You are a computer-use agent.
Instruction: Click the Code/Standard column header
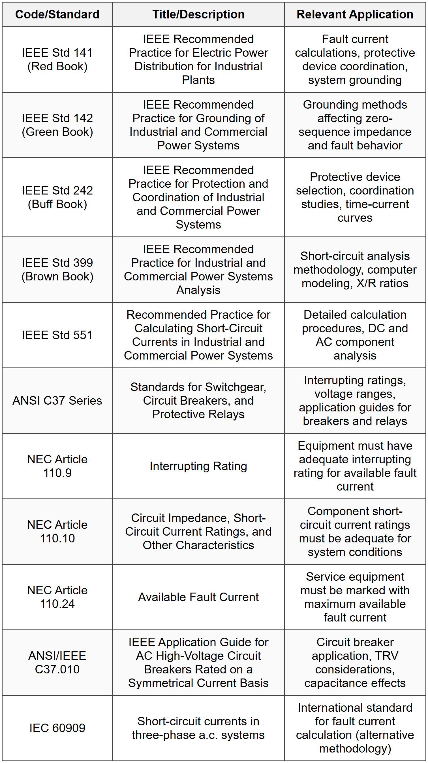coord(57,14)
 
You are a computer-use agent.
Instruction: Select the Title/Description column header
coord(198,14)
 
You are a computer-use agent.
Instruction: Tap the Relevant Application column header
coord(355,14)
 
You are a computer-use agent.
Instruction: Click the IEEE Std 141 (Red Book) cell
coord(57,60)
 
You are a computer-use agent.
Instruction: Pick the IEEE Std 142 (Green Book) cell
coord(57,125)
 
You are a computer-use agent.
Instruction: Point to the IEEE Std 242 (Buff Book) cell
coord(57,197)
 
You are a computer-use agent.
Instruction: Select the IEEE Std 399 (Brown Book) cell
coord(57,270)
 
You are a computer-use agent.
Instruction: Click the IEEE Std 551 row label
coord(57,335)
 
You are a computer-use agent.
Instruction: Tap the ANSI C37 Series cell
coord(57,400)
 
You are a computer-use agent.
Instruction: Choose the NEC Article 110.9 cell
coord(57,466)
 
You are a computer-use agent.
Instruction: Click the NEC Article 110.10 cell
coord(57,531)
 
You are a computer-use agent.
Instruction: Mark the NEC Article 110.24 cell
coord(57,597)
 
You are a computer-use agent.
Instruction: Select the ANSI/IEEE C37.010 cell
coord(57,662)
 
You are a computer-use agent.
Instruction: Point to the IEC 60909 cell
coord(57,728)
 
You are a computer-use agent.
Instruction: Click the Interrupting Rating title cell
coord(198,466)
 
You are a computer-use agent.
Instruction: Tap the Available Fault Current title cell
coord(198,597)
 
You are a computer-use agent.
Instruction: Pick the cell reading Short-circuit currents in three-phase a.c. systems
coord(198,728)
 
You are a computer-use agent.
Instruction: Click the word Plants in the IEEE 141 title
coord(198,80)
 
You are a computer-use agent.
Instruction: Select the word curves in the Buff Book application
coord(355,218)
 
